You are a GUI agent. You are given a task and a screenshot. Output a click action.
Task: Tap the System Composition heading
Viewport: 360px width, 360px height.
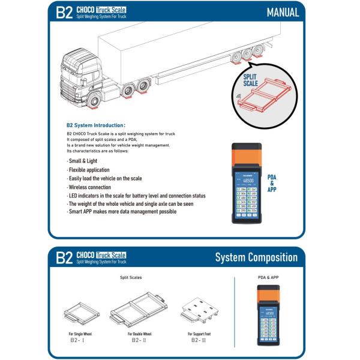(x=256, y=257)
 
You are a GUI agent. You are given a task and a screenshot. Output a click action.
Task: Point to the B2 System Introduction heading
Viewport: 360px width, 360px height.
(x=96, y=125)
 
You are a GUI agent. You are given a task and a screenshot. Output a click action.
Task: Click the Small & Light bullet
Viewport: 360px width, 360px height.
(x=83, y=161)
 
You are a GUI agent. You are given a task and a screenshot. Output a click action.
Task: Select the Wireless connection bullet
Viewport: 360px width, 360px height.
(x=90, y=187)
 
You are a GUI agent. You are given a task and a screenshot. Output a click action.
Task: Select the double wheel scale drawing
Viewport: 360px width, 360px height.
(x=137, y=310)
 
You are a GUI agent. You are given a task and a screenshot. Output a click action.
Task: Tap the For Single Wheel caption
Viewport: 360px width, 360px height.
(x=80, y=333)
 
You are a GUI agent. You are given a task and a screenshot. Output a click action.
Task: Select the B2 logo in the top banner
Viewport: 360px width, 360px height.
(x=64, y=13)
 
